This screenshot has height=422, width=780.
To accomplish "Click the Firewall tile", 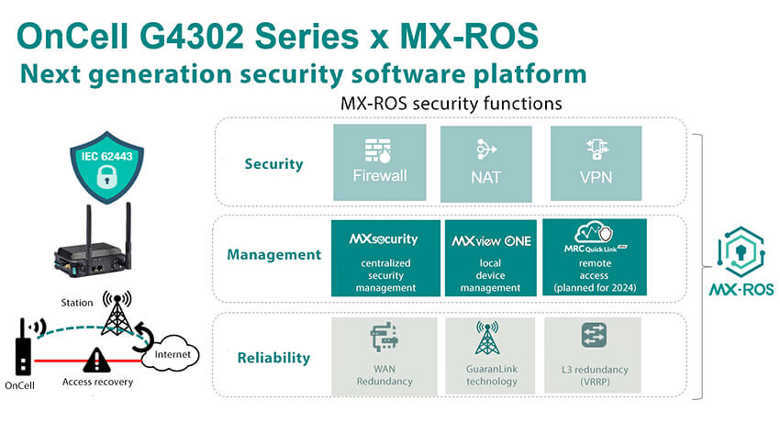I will [x=380, y=162].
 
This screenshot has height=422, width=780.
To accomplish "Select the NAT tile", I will [x=486, y=162].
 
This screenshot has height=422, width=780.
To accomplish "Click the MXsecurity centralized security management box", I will [x=384, y=258].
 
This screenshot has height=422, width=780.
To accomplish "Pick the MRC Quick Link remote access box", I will [x=595, y=258].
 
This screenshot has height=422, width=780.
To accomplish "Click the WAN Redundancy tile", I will [x=380, y=355].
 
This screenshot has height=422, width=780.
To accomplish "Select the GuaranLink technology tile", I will [x=489, y=355].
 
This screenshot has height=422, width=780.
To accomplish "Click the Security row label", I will [x=273, y=164].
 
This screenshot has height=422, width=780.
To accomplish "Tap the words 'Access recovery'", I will [x=95, y=382].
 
